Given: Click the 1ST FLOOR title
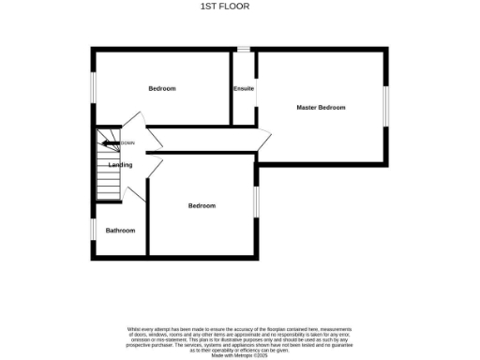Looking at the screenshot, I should pos(221,7).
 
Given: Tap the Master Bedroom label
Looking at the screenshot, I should pos(321,108).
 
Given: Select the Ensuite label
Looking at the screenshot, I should pos(244,89).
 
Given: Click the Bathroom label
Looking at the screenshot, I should pos(120,231).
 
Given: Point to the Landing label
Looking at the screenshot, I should pos(120,165).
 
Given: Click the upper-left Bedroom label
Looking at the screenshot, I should pos(161,88).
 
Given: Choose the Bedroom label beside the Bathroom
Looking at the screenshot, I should pos(201,205).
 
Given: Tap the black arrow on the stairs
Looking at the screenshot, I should pos(109,142).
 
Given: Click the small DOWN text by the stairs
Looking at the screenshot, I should pos(127,142).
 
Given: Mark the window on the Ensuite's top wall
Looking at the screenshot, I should pos(244,49).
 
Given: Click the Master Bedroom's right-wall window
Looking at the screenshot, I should pos(384,105).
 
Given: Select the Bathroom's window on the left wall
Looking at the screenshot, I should pos(92,230).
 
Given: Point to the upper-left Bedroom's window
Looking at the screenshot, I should pos(92,86).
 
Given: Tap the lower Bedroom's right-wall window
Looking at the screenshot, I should pos(256,202).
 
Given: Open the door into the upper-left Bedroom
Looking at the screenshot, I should pos(136,122).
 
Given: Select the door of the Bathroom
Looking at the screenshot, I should pos(139,192).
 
